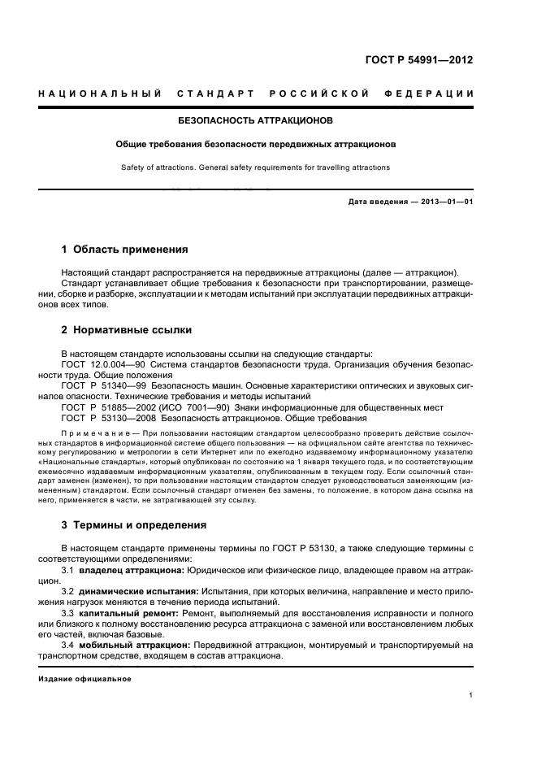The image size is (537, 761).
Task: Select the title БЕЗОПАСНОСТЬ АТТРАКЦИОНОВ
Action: click(x=255, y=120)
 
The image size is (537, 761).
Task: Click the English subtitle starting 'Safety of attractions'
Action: click(x=255, y=167)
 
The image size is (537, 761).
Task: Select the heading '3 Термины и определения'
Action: click(x=134, y=524)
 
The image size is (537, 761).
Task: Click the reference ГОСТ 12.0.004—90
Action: click(x=102, y=364)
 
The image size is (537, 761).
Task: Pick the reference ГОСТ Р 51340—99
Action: click(x=103, y=385)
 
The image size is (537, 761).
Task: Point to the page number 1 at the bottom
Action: click(x=470, y=694)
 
